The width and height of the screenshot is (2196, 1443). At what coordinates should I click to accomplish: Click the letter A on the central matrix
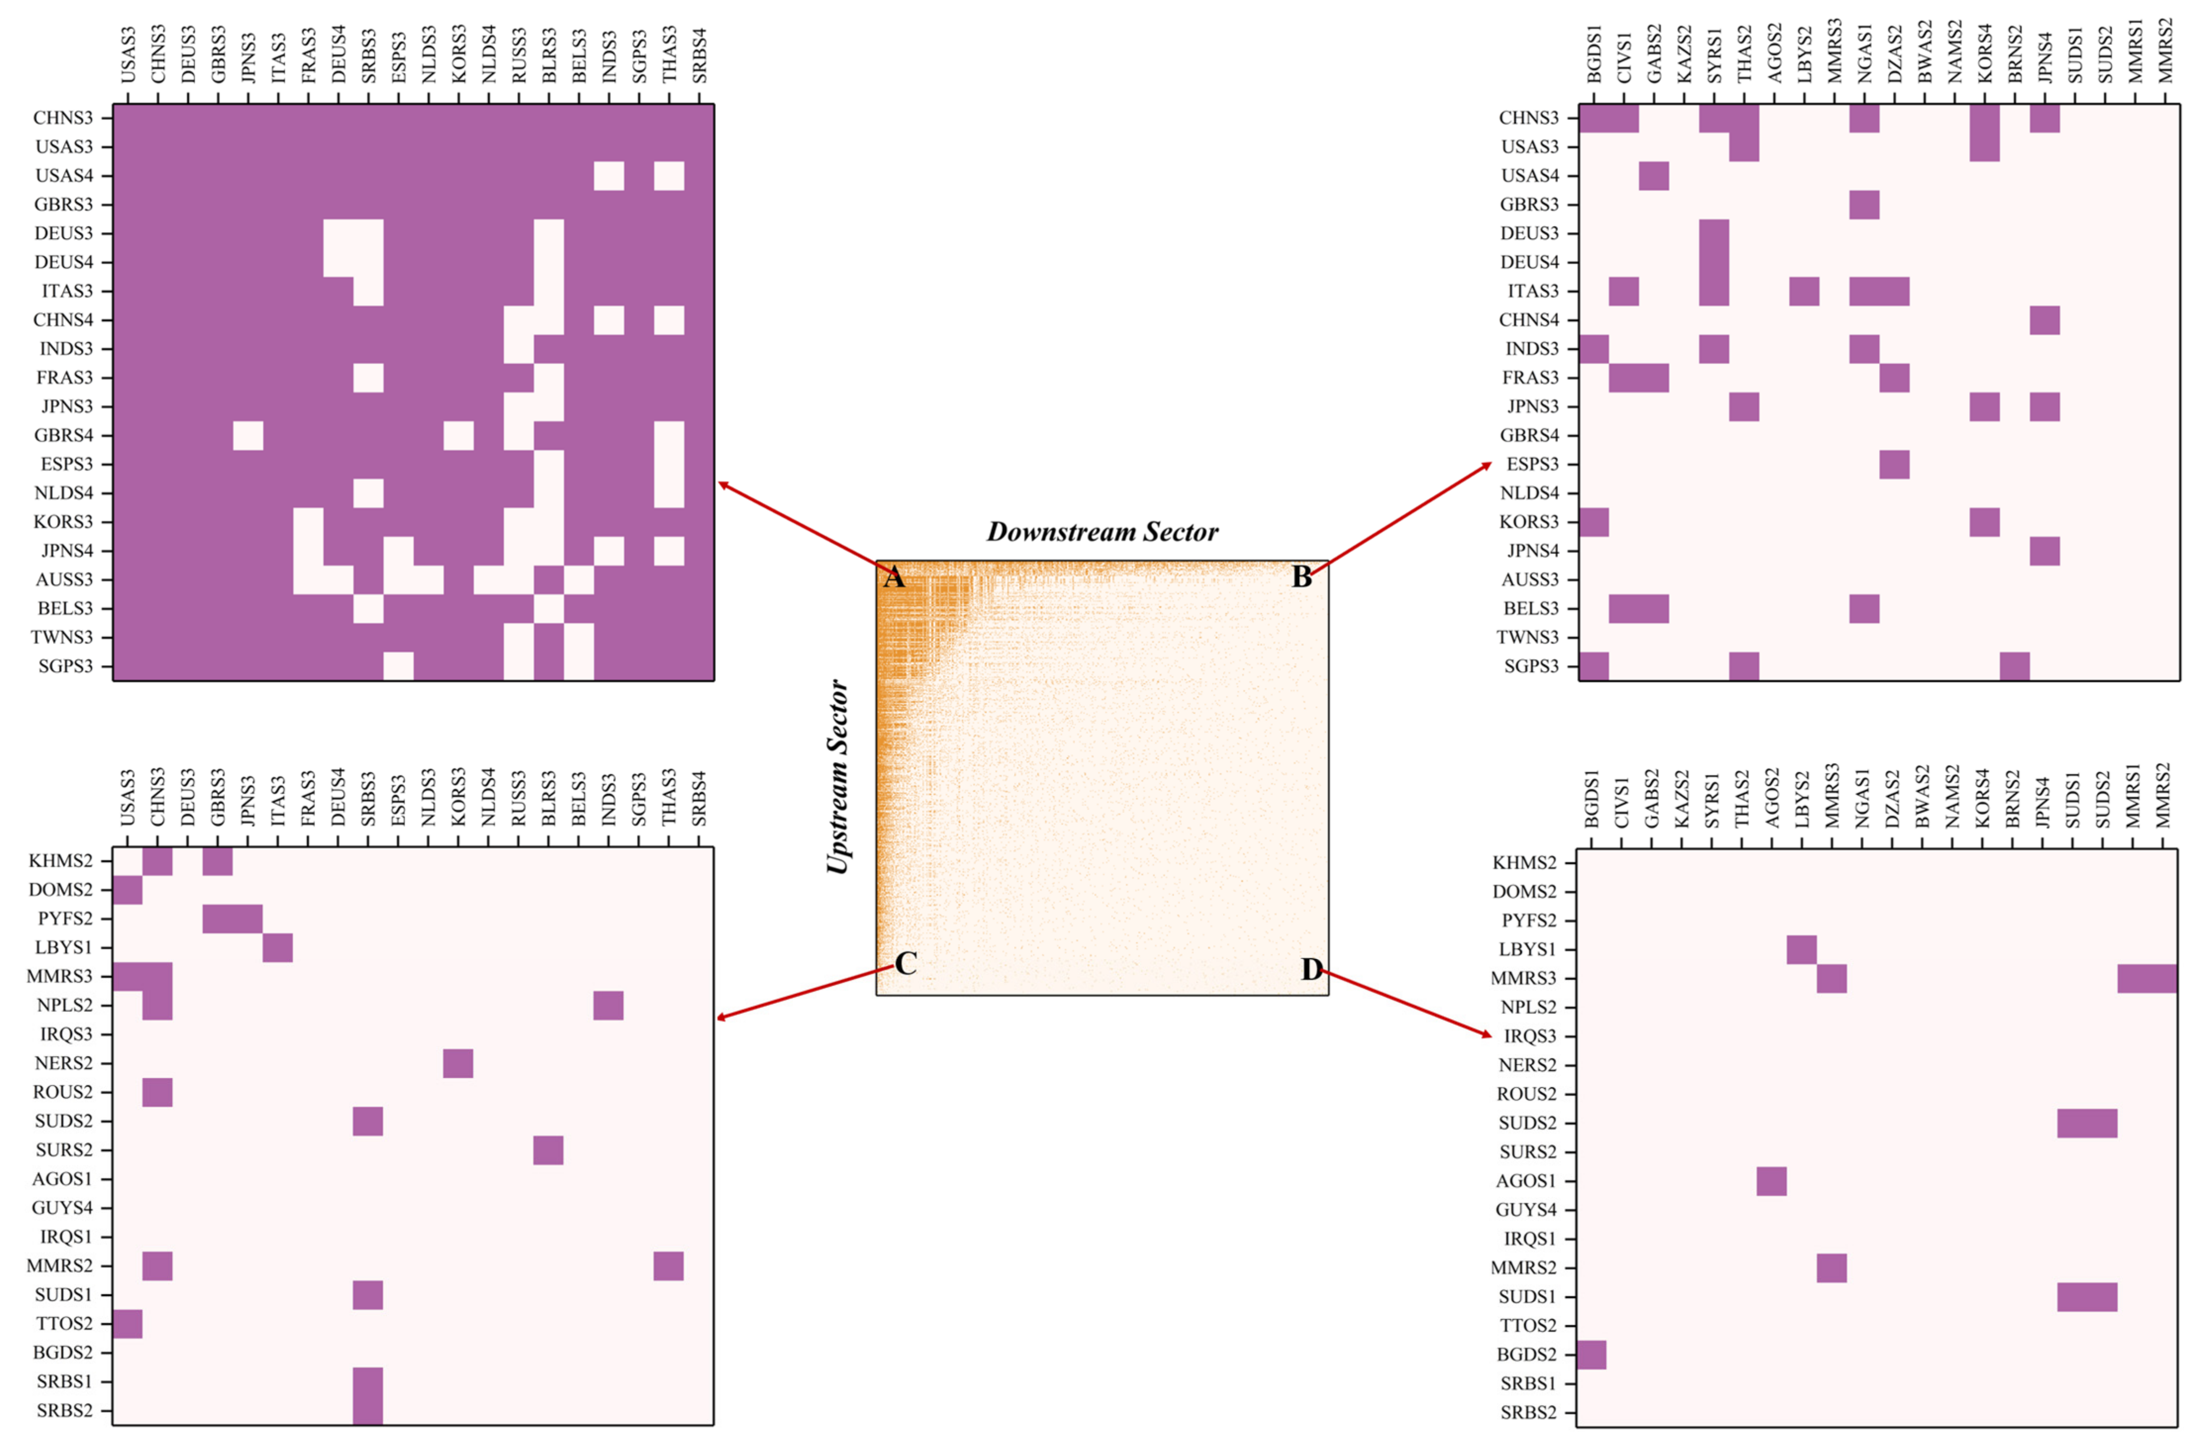click(x=892, y=577)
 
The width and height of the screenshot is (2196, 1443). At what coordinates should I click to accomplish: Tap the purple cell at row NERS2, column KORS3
click(x=459, y=1063)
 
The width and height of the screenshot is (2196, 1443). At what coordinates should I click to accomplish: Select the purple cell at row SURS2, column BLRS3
click(x=548, y=1150)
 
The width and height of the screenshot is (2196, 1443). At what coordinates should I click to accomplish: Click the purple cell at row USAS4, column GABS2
click(x=1654, y=175)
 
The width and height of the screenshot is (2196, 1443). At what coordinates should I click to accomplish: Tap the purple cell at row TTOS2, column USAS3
click(x=127, y=1323)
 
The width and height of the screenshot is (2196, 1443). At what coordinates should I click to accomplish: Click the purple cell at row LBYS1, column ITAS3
click(x=278, y=948)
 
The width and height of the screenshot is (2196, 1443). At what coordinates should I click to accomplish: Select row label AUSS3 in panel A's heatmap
click(x=65, y=579)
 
